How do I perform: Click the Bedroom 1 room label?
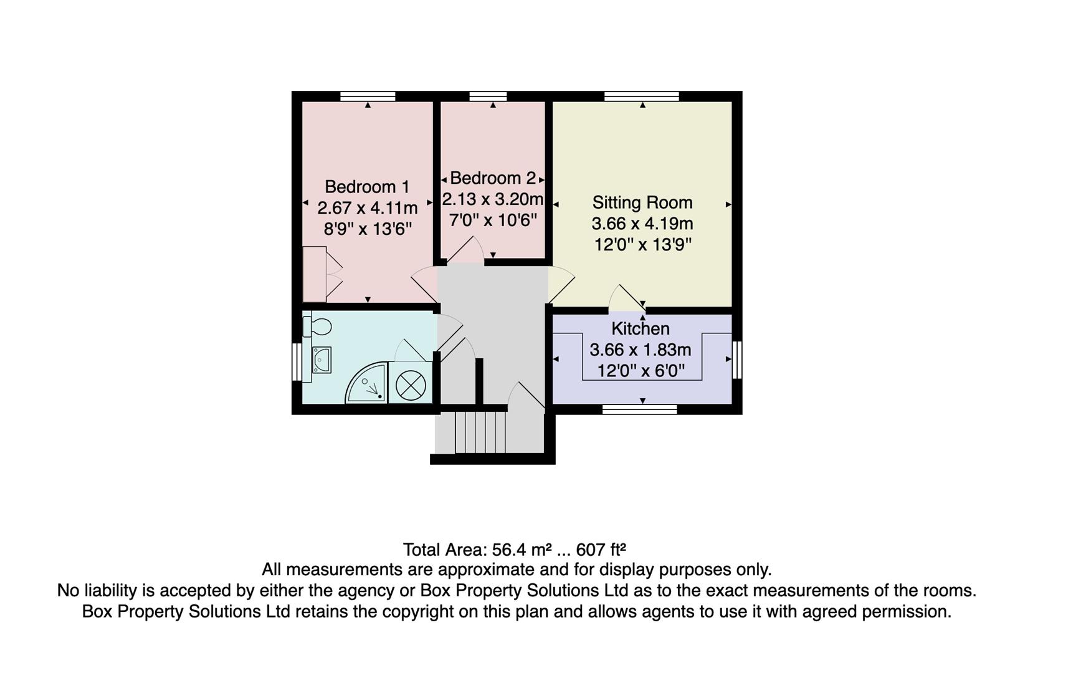point(367,187)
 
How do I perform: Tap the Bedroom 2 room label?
point(492,178)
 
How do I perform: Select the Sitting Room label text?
point(642,203)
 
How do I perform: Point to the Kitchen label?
point(640,328)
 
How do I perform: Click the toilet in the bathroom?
point(318,326)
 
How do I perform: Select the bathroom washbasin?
point(321,360)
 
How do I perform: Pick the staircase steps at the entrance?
point(480,431)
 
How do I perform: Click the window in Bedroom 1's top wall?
point(368,96)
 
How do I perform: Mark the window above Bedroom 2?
point(488,96)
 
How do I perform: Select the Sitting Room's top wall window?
point(641,96)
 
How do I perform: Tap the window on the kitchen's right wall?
point(737,360)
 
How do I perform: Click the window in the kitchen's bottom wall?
point(639,409)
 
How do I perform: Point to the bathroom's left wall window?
point(297,362)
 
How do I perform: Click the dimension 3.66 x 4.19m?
point(642,224)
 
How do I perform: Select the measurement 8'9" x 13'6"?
point(367,229)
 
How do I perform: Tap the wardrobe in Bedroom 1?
point(315,274)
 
